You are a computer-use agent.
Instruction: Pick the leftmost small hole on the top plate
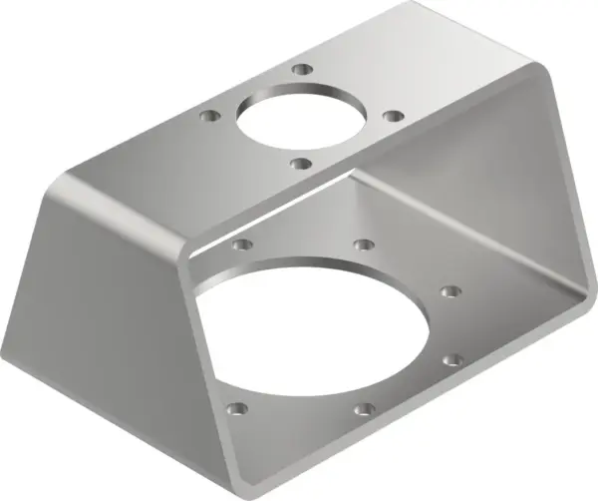(208, 116)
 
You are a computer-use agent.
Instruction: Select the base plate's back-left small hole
(238, 243)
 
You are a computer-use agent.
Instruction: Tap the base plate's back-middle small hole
(365, 245)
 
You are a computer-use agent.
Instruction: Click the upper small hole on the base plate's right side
(450, 291)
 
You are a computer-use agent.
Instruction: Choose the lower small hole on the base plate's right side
(452, 357)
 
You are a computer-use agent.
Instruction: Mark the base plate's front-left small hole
(236, 408)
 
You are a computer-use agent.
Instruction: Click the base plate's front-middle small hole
(365, 408)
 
